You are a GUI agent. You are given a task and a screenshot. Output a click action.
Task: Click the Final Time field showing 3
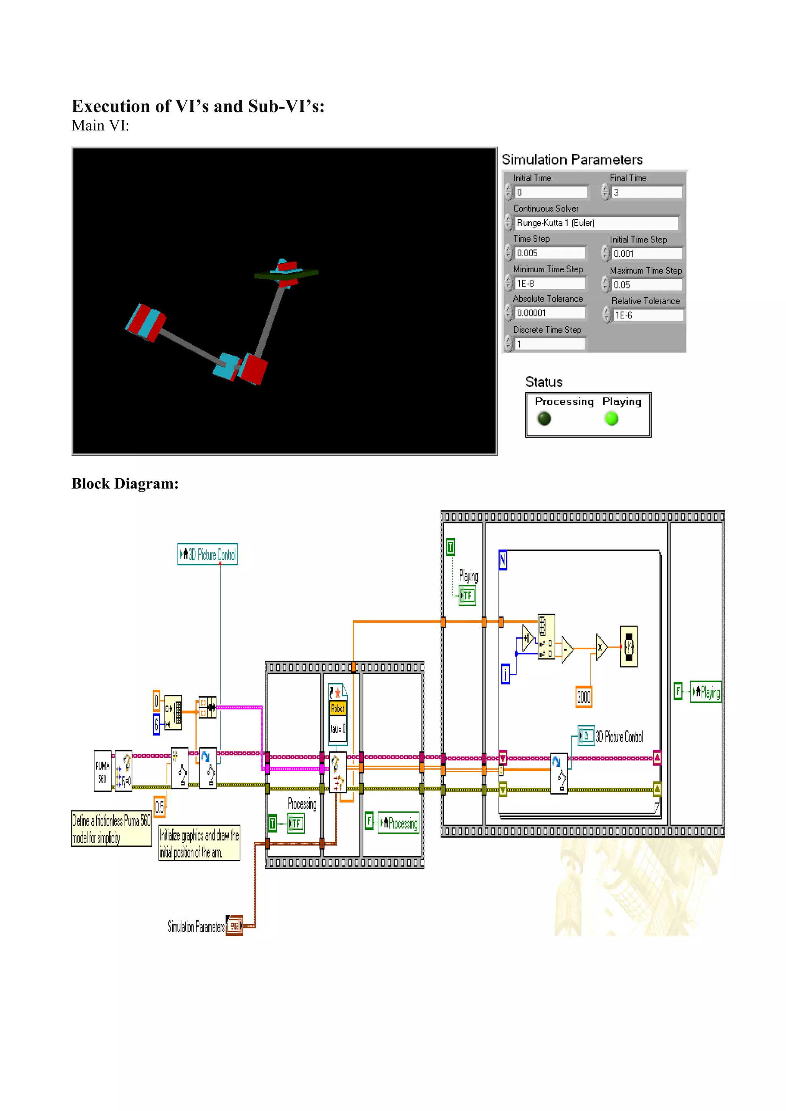(x=647, y=192)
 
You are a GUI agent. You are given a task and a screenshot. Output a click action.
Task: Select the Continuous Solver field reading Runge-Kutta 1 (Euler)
(x=596, y=223)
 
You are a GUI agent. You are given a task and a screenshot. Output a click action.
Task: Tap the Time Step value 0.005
(x=550, y=253)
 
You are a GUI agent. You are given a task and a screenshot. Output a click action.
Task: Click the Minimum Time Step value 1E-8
(x=550, y=284)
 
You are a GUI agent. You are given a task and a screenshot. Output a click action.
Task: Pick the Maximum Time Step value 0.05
(x=647, y=285)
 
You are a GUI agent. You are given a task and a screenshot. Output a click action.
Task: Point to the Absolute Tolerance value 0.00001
(x=550, y=313)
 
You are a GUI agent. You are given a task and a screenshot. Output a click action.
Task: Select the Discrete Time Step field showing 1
(x=550, y=344)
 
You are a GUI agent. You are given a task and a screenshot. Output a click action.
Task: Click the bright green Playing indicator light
(x=612, y=419)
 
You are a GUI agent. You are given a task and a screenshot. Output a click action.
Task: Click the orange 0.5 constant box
(x=159, y=807)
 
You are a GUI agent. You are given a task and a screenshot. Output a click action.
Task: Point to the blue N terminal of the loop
(x=503, y=560)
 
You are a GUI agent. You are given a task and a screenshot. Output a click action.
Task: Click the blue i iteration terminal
(x=505, y=674)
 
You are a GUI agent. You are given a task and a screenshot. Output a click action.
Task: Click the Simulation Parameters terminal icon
(x=234, y=926)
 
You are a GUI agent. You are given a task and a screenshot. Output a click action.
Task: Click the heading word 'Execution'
(x=111, y=106)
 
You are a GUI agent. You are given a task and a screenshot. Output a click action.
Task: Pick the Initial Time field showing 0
(x=551, y=192)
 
